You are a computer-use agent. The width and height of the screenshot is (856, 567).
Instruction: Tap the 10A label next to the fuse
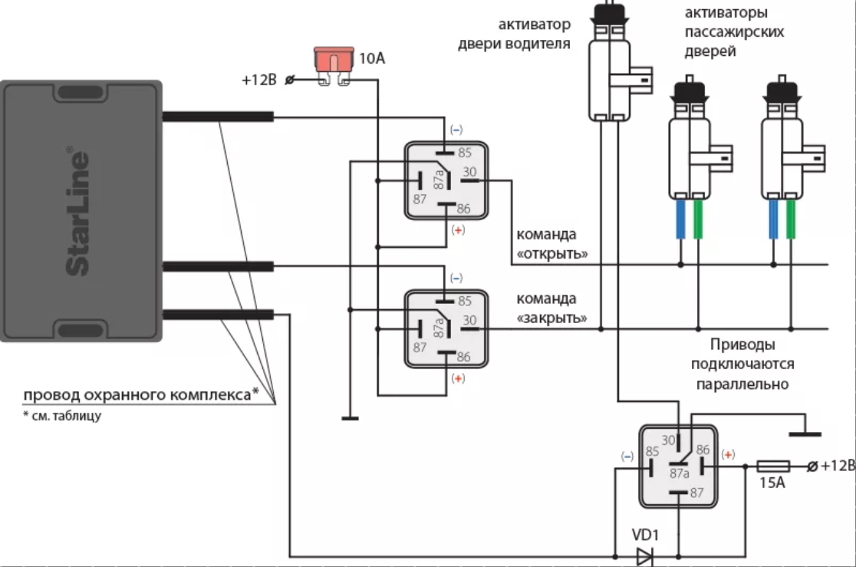372,58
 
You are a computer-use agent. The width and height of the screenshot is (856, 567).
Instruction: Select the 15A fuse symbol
773,466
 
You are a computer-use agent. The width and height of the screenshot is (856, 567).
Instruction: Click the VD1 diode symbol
645,557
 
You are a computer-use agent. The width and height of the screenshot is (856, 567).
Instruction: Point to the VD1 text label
645,535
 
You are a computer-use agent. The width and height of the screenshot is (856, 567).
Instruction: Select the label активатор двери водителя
514,34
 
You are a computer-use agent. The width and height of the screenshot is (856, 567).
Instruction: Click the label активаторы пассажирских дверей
734,31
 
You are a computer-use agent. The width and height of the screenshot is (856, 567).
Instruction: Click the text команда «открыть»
552,244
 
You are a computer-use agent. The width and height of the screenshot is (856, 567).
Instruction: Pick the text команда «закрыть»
551,308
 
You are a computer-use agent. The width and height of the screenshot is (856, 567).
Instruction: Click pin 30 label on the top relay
469,172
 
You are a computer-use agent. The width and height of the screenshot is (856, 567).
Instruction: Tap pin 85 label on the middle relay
465,301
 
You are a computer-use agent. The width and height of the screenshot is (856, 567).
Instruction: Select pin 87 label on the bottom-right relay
696,493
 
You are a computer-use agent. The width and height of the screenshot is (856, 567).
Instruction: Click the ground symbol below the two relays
350,418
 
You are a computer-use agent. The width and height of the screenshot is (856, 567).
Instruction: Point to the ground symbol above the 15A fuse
805,434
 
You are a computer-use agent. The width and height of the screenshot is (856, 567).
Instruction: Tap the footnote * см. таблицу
62,416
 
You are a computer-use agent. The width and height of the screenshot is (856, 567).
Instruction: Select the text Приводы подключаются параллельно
742,364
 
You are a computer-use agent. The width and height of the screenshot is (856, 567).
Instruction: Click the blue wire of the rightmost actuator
773,219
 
